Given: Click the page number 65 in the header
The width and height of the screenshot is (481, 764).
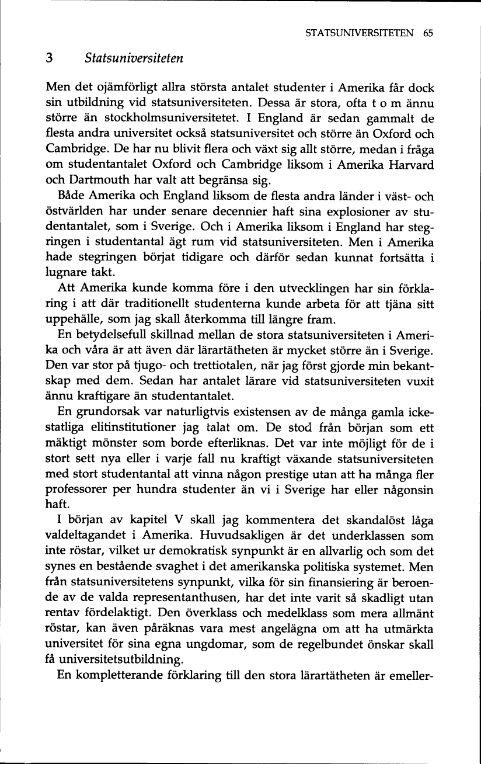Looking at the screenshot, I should click(428, 33).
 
